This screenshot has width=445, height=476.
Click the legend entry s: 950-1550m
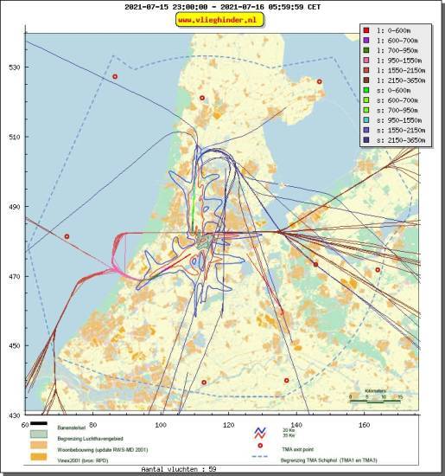pos(397,119)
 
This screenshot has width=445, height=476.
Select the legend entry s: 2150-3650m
pos(397,138)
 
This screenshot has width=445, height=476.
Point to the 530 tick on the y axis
pos(13,68)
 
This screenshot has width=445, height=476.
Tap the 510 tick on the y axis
pos(13,137)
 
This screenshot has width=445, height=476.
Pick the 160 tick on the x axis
pos(364,425)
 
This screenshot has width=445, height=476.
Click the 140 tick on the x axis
pos(296,425)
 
